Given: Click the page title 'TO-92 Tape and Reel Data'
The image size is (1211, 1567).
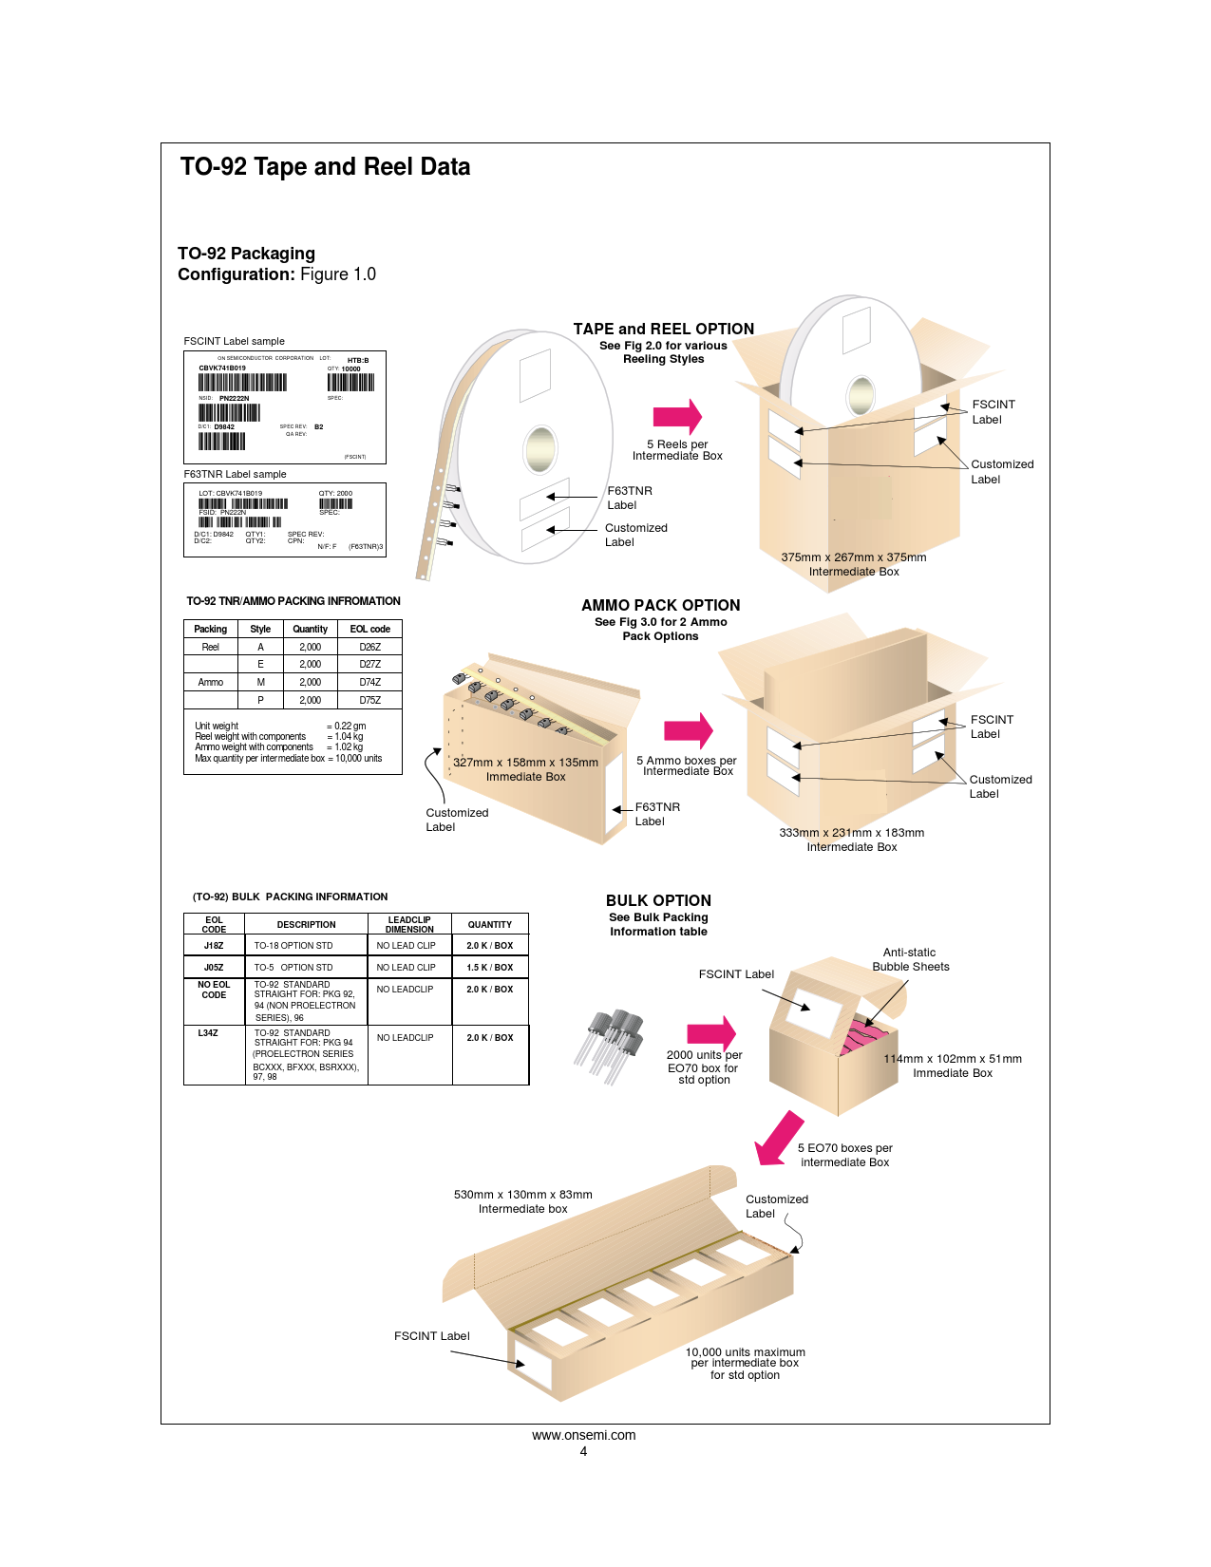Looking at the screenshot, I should point(325,167).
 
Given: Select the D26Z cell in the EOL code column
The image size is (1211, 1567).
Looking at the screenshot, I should point(369,647).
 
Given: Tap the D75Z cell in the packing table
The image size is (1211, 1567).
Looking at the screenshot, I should point(369,700).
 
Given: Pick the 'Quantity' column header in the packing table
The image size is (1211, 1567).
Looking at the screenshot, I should point(310,629).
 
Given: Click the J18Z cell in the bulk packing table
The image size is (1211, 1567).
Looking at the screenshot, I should point(214,946).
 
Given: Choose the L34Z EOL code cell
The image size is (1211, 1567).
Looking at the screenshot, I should point(208,1033).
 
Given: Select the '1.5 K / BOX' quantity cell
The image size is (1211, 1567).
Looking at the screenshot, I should point(489,968).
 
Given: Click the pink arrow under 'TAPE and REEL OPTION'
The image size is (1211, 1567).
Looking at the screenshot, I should point(677,416).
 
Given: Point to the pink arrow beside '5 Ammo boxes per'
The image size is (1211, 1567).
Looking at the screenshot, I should point(689,730).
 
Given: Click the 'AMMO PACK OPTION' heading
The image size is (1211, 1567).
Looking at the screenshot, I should point(660,605).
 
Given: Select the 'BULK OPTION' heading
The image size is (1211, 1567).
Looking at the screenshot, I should point(658,900).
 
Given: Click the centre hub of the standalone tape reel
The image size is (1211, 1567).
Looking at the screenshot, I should point(539,447).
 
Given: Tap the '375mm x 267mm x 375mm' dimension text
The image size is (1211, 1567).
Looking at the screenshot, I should point(853,557).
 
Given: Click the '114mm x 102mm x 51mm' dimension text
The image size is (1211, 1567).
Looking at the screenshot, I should point(953,1059).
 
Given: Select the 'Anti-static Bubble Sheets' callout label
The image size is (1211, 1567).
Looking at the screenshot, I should point(910,959).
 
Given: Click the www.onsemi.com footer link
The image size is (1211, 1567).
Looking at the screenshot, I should point(583,1435).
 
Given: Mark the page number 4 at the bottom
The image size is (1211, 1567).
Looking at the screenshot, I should point(583,1451).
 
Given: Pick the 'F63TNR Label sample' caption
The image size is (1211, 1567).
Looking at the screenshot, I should point(235,474).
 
